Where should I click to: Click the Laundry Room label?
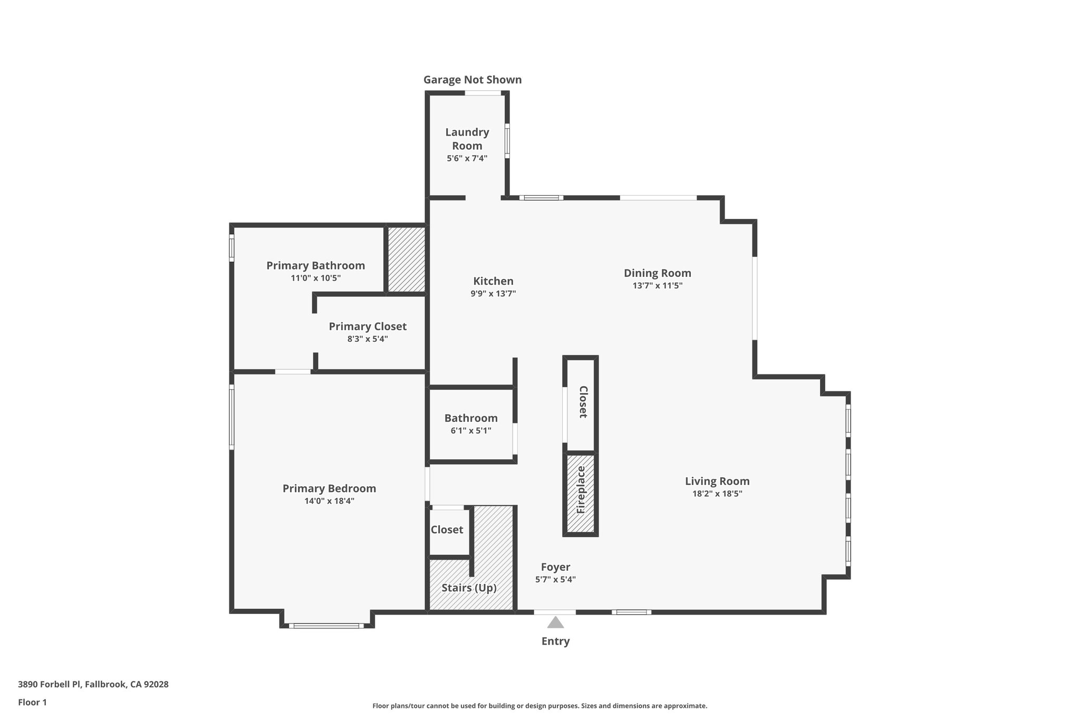pos(467,139)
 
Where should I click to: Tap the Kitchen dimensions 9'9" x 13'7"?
pos(493,294)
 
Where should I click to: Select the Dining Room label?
pos(657,273)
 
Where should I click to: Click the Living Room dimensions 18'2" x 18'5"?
pos(717,494)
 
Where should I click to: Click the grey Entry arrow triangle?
pos(555,623)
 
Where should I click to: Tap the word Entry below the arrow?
pos(555,641)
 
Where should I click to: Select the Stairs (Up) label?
pos(469,588)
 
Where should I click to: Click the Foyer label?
pos(555,567)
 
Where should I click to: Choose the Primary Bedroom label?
pos(329,488)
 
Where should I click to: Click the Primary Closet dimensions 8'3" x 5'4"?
pos(368,339)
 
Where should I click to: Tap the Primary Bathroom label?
pos(315,265)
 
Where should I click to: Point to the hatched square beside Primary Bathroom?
pos(407,259)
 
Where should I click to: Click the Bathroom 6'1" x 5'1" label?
pos(470,424)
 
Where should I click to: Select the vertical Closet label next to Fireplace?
pos(583,402)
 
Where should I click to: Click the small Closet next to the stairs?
pos(447,530)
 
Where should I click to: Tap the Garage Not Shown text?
pos(472,80)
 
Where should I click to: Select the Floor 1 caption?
pos(32,702)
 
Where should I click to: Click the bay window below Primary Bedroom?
pos(326,626)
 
